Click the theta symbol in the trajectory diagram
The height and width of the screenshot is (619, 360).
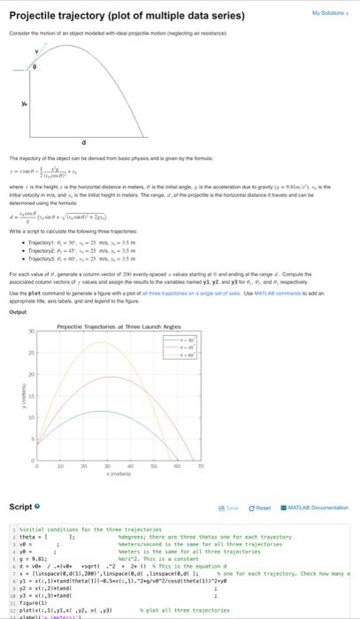(x=35, y=67)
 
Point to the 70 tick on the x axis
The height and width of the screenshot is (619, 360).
(x=200, y=466)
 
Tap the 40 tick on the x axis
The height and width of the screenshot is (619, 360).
(x=130, y=466)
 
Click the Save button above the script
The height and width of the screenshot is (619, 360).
(x=229, y=506)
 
